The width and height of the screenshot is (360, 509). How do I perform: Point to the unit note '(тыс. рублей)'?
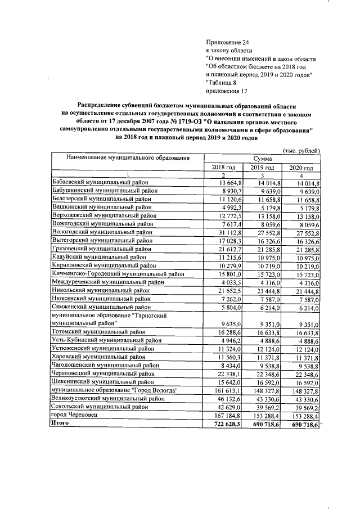pos(301,150)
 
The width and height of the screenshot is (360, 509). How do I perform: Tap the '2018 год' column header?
pos(223,168)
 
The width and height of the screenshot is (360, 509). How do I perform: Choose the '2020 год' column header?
pos(301,168)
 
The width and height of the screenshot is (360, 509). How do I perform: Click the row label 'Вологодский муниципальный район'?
pos(99,231)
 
